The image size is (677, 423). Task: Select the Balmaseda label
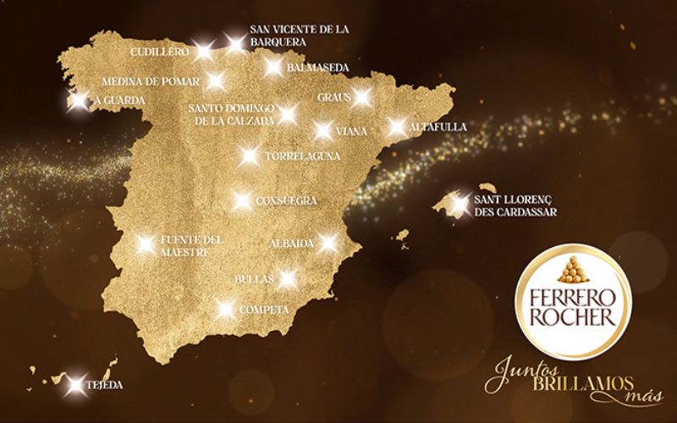(317, 68)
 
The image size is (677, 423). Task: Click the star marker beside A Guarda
(78, 101)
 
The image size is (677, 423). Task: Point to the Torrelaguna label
(302, 157)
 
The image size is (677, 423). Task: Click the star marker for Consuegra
(241, 201)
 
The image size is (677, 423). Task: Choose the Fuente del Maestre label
(191, 245)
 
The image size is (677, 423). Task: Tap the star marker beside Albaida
(328, 244)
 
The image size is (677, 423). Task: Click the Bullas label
(255, 277)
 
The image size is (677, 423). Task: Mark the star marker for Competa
(225, 310)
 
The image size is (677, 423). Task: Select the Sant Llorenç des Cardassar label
(515, 207)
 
